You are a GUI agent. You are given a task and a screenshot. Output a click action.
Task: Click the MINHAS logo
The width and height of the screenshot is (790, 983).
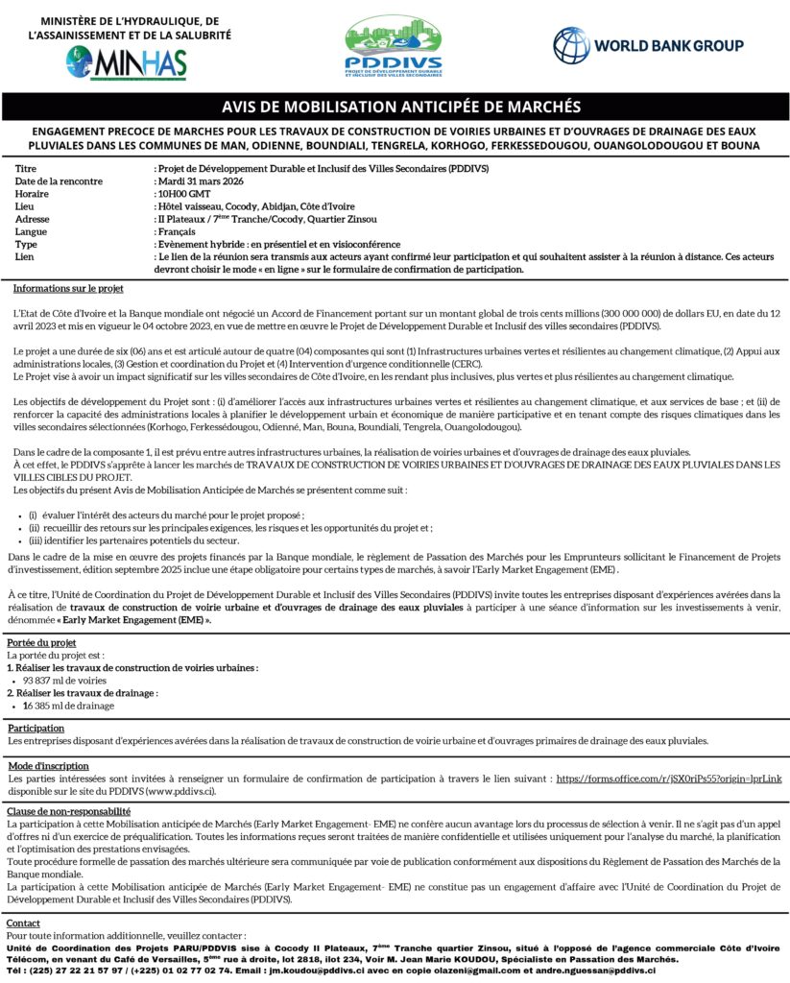pyautogui.click(x=127, y=63)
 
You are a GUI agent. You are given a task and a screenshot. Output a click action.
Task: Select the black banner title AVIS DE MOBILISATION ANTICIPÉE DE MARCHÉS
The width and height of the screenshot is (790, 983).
pyautogui.click(x=395, y=106)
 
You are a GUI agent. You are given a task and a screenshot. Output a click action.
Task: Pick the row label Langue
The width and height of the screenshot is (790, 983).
pyautogui.click(x=32, y=231)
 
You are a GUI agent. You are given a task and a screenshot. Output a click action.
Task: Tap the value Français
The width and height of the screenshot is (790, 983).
pyautogui.click(x=177, y=231)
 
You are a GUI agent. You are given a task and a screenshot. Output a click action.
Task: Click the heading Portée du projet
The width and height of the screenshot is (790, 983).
pyautogui.click(x=41, y=642)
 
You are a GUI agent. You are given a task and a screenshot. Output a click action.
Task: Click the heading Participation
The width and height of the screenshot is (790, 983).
pyautogui.click(x=36, y=729)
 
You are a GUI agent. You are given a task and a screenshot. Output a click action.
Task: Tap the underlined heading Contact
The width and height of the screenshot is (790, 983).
pyautogui.click(x=24, y=923)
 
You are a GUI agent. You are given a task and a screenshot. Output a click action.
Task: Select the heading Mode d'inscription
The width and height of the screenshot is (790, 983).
pyautogui.click(x=48, y=766)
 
